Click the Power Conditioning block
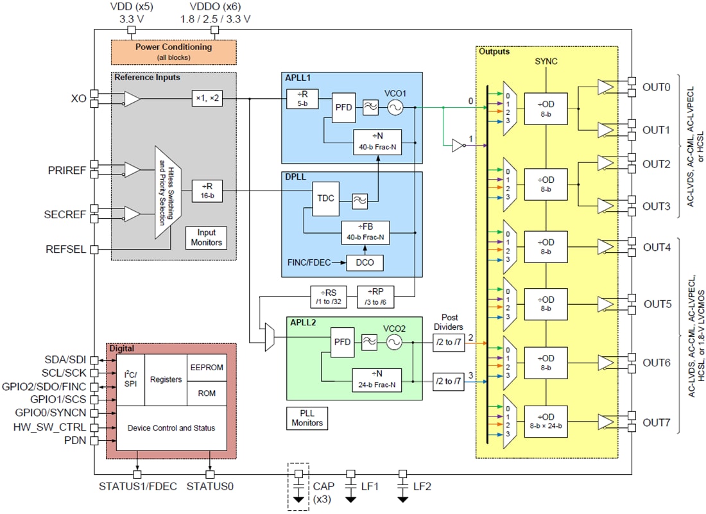click(x=174, y=51)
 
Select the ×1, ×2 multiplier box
click(x=207, y=99)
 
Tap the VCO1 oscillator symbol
click(x=395, y=108)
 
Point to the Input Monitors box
click(x=207, y=237)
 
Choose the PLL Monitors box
click(x=307, y=418)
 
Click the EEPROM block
click(x=207, y=368)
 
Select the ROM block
click(x=207, y=393)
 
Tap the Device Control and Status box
click(x=171, y=428)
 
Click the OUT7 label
click(x=657, y=423)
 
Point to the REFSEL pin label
click(x=67, y=250)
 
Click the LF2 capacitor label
click(x=422, y=487)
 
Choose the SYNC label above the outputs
click(x=546, y=62)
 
